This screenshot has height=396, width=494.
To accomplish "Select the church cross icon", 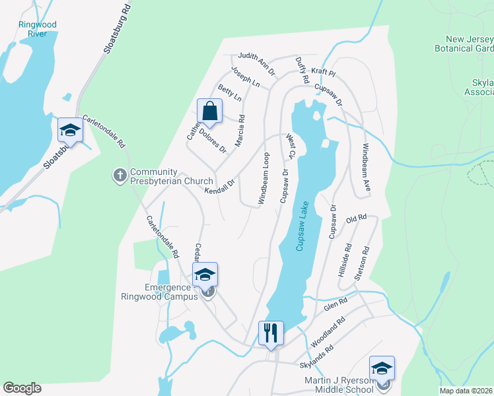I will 120,176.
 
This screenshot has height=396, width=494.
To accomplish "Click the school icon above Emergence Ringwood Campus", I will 205,275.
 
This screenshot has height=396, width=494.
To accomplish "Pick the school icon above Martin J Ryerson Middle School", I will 381,368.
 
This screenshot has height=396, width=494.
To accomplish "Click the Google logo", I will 22,388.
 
